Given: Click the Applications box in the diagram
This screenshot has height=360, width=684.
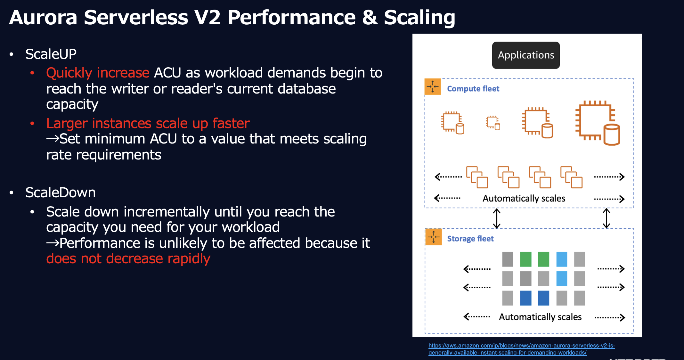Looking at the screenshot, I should click(526, 55).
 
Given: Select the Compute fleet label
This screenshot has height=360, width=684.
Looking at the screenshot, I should click(473, 89).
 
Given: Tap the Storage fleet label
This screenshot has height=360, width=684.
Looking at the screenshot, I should click(470, 239).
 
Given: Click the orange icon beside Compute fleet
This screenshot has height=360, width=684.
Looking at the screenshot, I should click(433, 87).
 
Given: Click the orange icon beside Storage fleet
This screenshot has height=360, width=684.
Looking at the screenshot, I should click(434, 237).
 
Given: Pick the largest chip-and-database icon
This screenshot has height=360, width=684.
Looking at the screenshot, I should click(597, 123).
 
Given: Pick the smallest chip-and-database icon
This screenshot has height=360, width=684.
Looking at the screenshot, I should click(493, 123).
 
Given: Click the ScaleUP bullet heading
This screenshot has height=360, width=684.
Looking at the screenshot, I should click(51, 54).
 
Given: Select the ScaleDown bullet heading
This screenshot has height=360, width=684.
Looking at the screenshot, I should click(60, 192).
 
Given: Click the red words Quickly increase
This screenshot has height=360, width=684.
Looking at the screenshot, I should click(98, 73).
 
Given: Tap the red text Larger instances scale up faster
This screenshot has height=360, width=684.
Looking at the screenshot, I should click(148, 123).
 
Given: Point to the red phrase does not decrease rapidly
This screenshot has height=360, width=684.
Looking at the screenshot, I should click(128, 258).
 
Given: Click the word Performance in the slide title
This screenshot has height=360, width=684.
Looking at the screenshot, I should click(291, 17).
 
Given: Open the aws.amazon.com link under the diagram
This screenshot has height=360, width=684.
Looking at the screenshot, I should click(521, 346).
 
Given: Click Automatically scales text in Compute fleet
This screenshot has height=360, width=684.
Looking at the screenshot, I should click(524, 199).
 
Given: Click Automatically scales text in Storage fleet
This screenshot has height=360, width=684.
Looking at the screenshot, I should click(540, 317).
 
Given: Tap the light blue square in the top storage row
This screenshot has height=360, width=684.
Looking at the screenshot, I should click(562, 259).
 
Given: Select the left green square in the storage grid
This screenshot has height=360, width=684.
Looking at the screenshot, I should click(525, 259).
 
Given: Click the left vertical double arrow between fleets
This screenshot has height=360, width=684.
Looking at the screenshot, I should click(497, 218).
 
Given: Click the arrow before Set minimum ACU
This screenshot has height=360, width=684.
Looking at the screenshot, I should click(53, 139).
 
